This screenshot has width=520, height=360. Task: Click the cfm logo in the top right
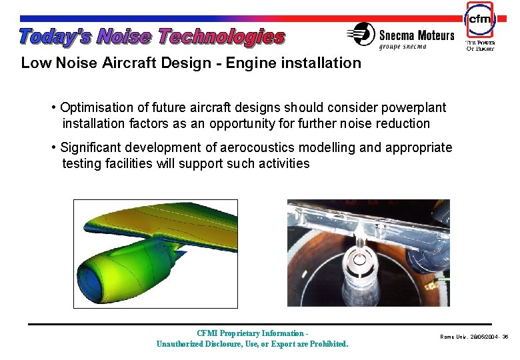(x=479, y=20)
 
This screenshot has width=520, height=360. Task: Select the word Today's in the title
(x=55, y=37)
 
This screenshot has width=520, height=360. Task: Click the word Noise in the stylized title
(x=124, y=37)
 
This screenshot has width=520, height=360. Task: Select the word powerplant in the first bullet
(x=413, y=107)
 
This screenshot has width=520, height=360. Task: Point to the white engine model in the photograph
(x=361, y=273)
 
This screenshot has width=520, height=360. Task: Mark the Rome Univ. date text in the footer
(x=473, y=337)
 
